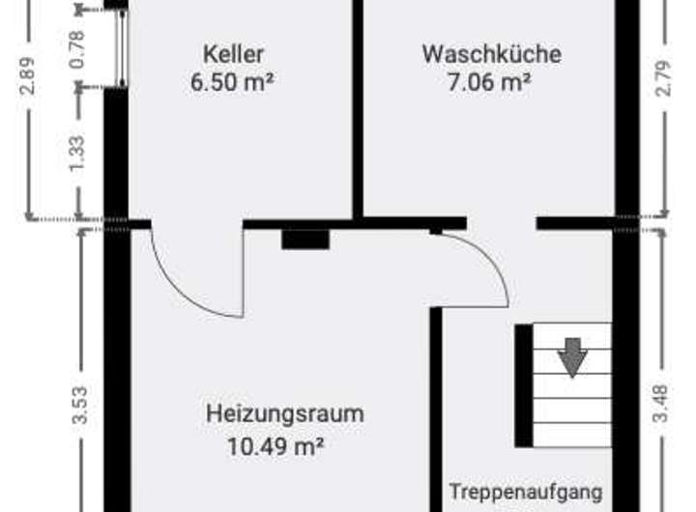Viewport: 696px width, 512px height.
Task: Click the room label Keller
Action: [233, 53]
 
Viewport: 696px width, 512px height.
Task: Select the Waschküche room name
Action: [490, 53]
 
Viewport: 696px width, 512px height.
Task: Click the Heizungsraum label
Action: [285, 413]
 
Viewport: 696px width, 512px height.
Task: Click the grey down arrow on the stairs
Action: [573, 356]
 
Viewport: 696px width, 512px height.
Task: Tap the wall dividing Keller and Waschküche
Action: [358, 106]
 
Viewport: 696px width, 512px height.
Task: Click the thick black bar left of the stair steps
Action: [523, 385]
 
